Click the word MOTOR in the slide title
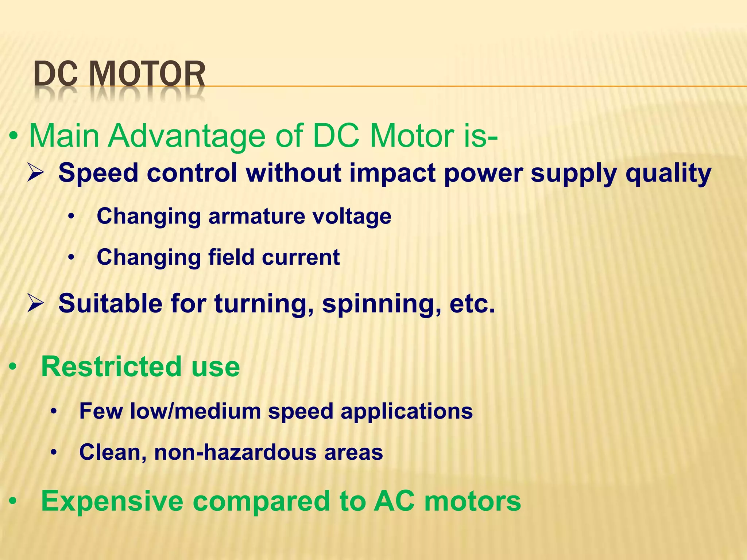[x=147, y=75]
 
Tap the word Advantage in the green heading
[x=187, y=136]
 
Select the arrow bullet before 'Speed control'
[x=36, y=173]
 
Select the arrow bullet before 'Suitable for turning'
[x=36, y=304]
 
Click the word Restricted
[x=111, y=366]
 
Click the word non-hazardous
[x=235, y=452]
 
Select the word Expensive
[x=112, y=501]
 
